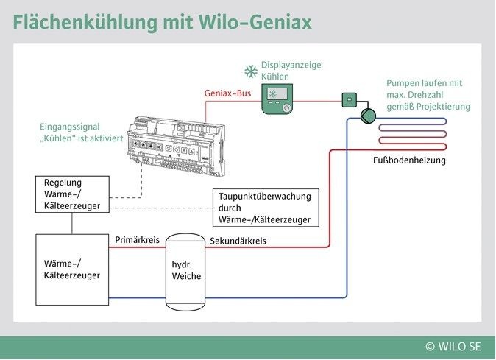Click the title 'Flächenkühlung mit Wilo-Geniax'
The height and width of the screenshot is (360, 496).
[x=162, y=21]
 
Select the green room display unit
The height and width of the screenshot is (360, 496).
[x=277, y=99]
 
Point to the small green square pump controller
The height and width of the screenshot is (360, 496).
[x=348, y=99]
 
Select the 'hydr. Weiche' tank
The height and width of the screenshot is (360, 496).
[x=185, y=270]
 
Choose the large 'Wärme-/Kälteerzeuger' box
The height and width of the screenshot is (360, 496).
[x=72, y=269]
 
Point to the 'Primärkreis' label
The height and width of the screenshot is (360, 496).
[x=137, y=240]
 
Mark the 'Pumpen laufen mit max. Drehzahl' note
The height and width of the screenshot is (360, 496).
[x=428, y=95]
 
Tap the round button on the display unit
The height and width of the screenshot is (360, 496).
[x=287, y=107]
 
